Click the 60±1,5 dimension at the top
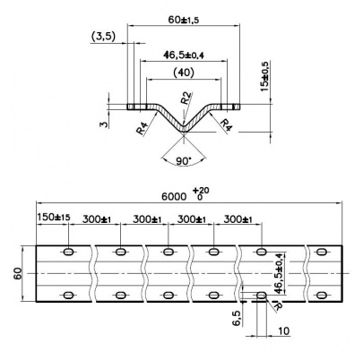(x=184, y=20)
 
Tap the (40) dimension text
(x=184, y=73)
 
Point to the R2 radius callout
(x=186, y=98)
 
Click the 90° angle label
(x=184, y=161)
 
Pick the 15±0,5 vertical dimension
(x=264, y=76)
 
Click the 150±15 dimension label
(x=54, y=217)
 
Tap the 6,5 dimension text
(x=237, y=318)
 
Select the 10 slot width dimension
(x=283, y=330)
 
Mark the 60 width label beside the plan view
(x=18, y=273)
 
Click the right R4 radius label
(x=226, y=124)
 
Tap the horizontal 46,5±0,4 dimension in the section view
(x=184, y=55)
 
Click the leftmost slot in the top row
(x=69, y=252)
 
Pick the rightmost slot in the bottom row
(x=322, y=296)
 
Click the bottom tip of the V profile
(x=184, y=133)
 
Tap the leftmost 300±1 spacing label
(x=97, y=219)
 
